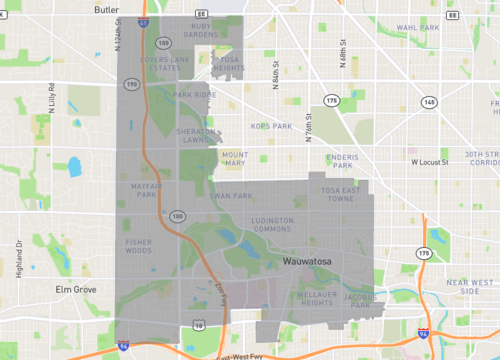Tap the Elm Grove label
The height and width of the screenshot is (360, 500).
pyautogui.click(x=75, y=288)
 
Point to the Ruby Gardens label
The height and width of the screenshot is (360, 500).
pyautogui.click(x=200, y=31)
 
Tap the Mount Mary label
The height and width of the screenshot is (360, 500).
pyautogui.click(x=234, y=158)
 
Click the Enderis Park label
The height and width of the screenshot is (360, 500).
pyautogui.click(x=342, y=161)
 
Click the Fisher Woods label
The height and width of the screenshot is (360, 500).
pyautogui.click(x=139, y=245)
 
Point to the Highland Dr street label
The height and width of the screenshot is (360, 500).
pyautogui.click(x=19, y=256)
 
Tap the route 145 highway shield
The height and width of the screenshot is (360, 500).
pyautogui.click(x=428, y=102)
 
